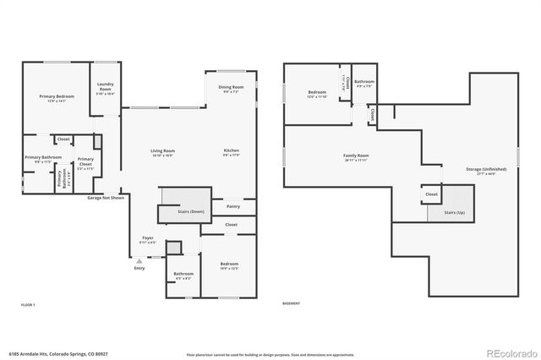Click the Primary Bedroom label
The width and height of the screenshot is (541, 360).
coord(57,96)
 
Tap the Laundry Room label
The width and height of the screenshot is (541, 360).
coord(105,85)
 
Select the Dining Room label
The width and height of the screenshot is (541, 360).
coord(231,87)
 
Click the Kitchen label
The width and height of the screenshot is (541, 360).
coord(232,150)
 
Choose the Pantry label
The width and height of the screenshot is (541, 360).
coord(232,206)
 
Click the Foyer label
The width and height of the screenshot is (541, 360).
coord(147,238)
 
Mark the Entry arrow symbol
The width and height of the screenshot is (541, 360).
coord(139,262)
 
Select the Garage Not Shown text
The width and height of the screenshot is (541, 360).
coord(106,198)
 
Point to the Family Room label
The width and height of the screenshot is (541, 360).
coord(355,155)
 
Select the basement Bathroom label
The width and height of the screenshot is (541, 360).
coord(364,82)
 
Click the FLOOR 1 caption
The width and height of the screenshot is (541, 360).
coord(28,303)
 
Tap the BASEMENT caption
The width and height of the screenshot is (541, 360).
coord(291,303)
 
